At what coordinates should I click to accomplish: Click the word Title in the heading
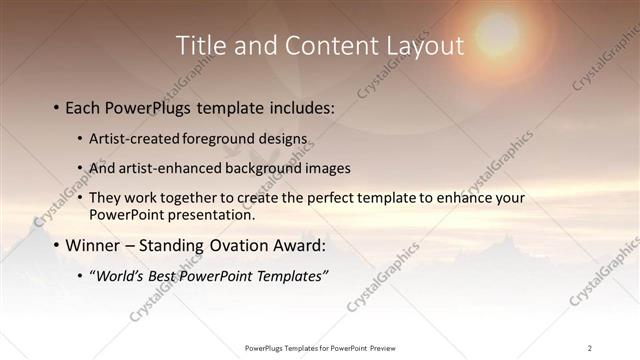pos(201,46)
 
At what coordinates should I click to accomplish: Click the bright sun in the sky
pos(497,32)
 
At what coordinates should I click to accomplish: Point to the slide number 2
pos(590,348)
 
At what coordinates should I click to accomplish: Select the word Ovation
pos(233,245)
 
